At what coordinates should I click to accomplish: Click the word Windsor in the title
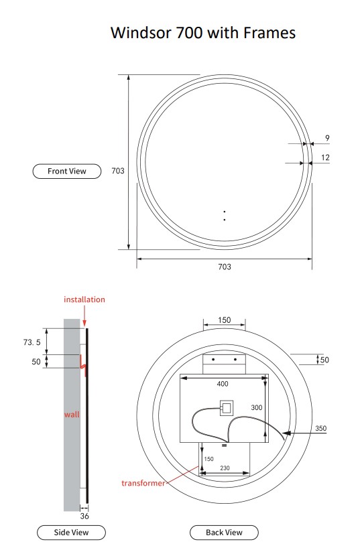(141, 33)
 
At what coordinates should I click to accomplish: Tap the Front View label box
(67, 171)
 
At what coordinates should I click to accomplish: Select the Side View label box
(71, 533)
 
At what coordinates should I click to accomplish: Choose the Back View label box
(224, 533)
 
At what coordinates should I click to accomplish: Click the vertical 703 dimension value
(118, 171)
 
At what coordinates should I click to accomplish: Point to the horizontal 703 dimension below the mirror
(225, 267)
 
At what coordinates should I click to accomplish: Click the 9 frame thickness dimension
(327, 138)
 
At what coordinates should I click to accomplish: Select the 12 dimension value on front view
(325, 157)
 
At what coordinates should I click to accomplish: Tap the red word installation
(84, 299)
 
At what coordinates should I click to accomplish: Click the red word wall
(72, 415)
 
